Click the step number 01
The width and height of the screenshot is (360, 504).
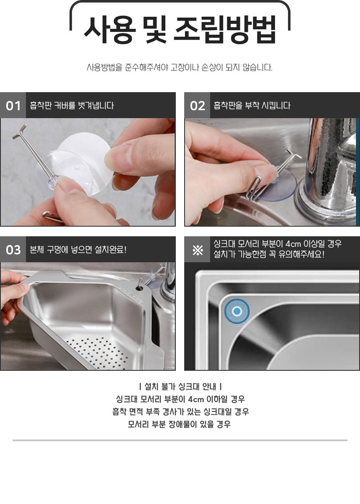(13, 106)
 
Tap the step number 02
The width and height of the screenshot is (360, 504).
(198, 106)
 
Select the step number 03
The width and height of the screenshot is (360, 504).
(13, 250)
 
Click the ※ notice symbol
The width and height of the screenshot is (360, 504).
(198, 250)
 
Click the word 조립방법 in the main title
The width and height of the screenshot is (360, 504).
(225, 29)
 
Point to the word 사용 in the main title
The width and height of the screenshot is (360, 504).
(110, 29)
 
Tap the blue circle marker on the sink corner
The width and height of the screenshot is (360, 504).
(237, 311)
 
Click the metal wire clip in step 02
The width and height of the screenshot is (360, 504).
(254, 189)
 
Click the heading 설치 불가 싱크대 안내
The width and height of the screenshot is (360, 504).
(180, 387)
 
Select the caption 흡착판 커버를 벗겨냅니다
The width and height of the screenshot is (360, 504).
(72, 106)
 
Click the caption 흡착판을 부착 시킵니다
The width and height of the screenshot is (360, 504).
(252, 106)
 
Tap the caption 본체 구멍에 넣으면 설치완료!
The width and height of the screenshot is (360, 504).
(78, 250)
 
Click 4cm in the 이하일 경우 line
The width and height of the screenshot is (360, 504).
(196, 399)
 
